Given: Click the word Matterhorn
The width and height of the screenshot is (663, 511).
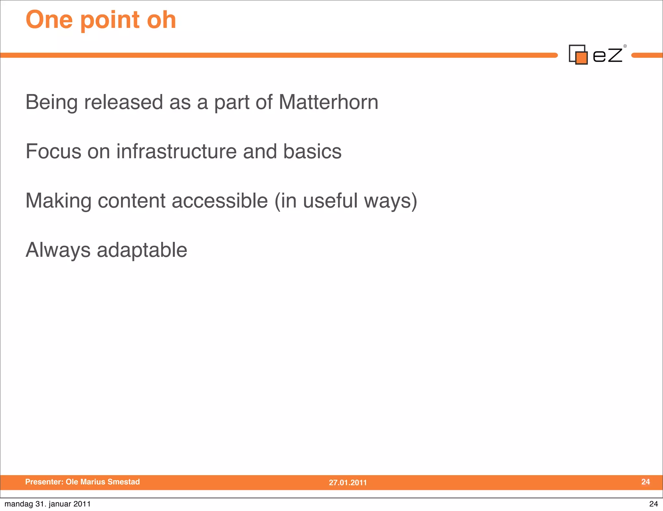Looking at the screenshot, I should (328, 102).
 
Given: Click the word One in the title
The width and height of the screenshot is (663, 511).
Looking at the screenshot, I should (49, 20).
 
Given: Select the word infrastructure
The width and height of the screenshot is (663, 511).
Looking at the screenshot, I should (176, 151).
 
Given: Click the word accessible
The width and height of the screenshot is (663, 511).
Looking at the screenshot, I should (219, 201).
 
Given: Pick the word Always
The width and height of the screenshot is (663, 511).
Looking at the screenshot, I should (58, 250).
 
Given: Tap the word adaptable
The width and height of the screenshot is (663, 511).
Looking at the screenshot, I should (142, 250).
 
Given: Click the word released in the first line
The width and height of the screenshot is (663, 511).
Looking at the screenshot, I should (123, 102).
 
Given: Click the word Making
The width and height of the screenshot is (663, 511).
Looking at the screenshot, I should (58, 201).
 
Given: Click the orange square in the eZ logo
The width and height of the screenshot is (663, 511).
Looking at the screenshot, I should (581, 58).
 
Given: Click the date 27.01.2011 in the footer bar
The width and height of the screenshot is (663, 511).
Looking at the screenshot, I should (348, 482).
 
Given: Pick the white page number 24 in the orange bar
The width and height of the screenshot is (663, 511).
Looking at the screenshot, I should (646, 482).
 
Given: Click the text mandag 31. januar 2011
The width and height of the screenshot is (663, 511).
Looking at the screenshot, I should (48, 504).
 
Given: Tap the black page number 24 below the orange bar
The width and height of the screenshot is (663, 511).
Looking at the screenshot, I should (653, 504).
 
